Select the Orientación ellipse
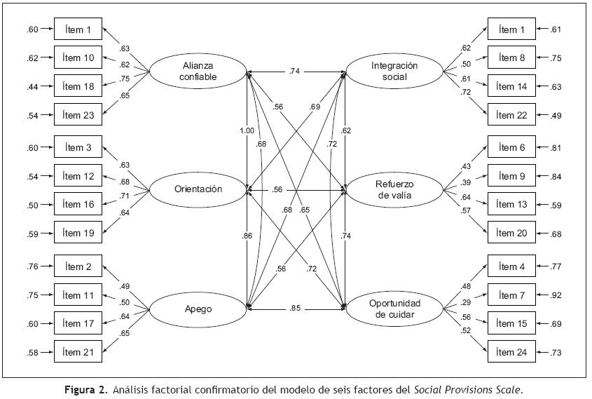point(198,189)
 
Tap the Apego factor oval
point(197,307)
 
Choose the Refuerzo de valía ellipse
point(394,190)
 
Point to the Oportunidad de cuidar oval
point(394,308)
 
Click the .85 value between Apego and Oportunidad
point(296,307)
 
